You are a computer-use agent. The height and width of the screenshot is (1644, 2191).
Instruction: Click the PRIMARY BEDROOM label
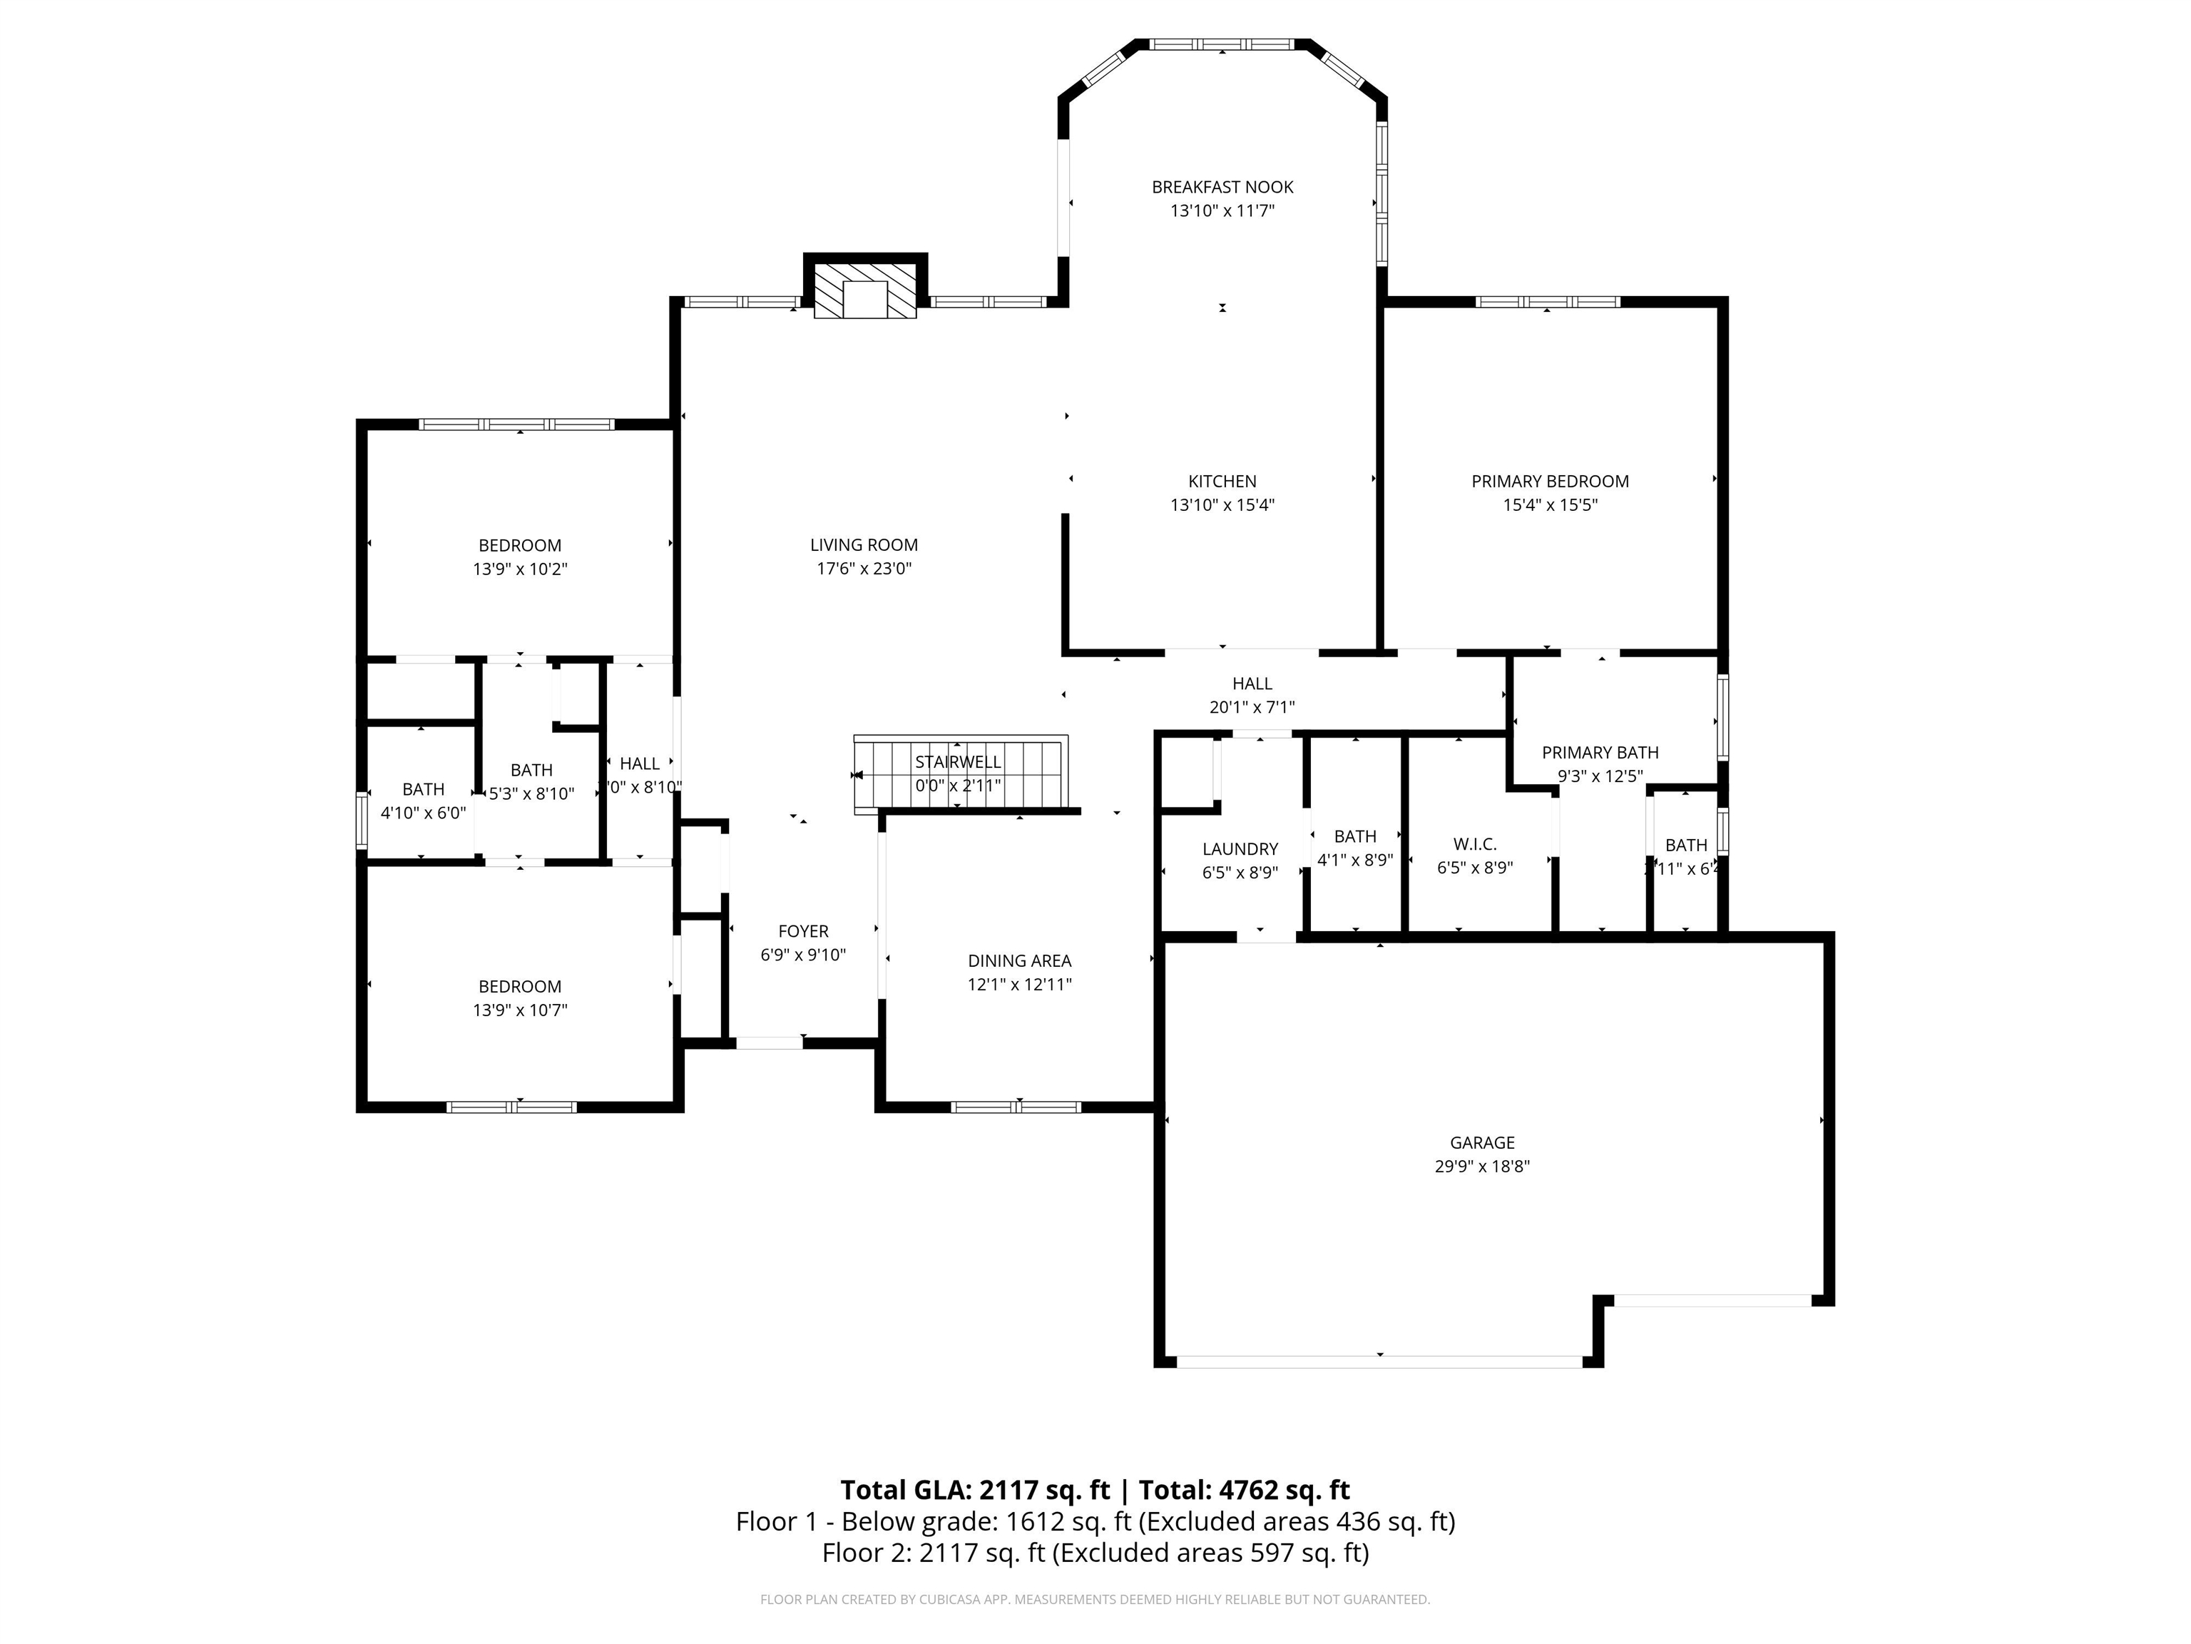pyautogui.click(x=1549, y=482)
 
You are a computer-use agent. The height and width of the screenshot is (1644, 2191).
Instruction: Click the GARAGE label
pyautogui.click(x=1482, y=1142)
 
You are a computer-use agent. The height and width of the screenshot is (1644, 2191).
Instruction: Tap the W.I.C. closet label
pyautogui.click(x=1474, y=844)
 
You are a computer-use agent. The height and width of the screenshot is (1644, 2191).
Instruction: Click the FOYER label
pyautogui.click(x=802, y=931)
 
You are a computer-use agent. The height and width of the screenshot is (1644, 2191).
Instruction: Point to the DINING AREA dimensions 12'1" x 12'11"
pyautogui.click(x=1019, y=985)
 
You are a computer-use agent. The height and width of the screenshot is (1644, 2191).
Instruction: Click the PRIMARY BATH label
pyautogui.click(x=1599, y=753)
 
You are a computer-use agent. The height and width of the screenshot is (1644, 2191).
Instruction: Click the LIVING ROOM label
pyautogui.click(x=863, y=545)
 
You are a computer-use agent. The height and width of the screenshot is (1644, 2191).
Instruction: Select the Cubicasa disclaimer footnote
pyautogui.click(x=1095, y=1600)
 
